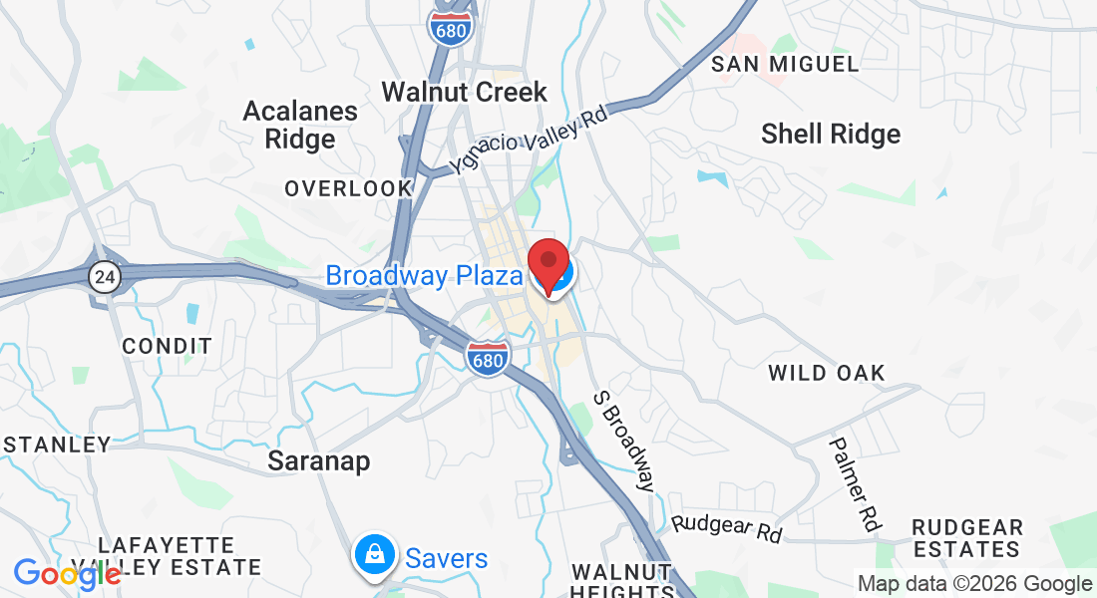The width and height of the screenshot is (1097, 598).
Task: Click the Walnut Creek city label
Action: (x=465, y=92)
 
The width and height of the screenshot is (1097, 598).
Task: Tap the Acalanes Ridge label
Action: (x=300, y=125)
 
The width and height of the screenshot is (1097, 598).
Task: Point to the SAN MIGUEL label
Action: (x=785, y=65)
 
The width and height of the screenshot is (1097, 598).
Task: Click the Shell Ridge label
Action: (x=831, y=134)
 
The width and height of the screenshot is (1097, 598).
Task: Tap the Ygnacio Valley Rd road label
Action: (x=528, y=140)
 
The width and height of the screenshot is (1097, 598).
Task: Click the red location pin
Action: (x=548, y=263)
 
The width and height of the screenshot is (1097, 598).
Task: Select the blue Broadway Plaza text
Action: (x=424, y=275)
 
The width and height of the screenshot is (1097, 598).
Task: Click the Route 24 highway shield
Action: (x=104, y=278)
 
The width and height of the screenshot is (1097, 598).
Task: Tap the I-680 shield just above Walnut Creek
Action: (x=451, y=26)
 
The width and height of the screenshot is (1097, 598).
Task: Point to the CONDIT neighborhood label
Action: (x=167, y=347)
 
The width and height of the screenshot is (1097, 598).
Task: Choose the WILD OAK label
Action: (x=827, y=374)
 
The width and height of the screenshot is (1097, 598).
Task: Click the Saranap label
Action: (x=319, y=461)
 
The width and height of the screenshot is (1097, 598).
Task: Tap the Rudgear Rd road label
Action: (x=726, y=528)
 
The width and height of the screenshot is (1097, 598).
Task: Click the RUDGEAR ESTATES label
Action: (x=967, y=538)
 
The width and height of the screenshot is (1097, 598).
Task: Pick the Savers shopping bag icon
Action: (x=374, y=557)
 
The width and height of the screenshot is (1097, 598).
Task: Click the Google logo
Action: (x=67, y=574)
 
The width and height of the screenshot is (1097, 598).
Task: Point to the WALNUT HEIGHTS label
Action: (x=621, y=583)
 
